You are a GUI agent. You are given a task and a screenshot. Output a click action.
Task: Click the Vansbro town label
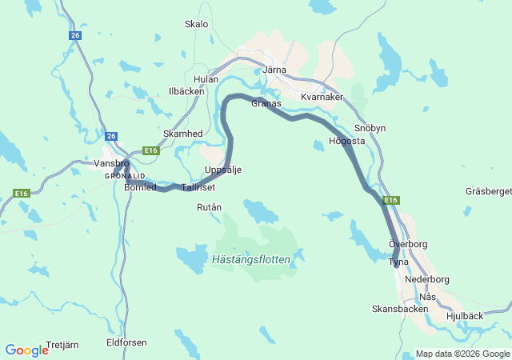click(111, 163)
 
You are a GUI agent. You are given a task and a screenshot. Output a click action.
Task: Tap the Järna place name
click(274, 70)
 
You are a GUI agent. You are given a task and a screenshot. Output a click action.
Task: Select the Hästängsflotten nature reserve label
click(258, 259)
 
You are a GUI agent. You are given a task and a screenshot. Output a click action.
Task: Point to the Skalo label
click(196, 24)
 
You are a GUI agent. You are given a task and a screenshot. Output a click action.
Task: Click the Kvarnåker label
click(322, 97)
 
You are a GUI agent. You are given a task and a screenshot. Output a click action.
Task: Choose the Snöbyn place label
click(370, 127)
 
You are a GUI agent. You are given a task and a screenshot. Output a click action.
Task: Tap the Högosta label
click(347, 142)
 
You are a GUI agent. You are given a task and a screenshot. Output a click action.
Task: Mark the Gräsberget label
click(488, 191)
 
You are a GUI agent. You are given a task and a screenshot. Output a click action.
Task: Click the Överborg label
click(408, 243)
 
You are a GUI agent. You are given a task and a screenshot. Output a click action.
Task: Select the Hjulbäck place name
click(464, 316)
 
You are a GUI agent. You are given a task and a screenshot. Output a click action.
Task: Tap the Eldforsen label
click(126, 342)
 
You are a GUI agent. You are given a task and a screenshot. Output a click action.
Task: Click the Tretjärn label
click(62, 345)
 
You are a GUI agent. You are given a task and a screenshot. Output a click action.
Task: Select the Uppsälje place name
click(223, 170)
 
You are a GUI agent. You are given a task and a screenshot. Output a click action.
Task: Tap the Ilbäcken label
click(186, 91)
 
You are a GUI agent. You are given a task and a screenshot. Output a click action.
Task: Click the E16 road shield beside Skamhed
click(151, 150)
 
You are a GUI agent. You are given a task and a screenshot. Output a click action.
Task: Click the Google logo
click(26, 350)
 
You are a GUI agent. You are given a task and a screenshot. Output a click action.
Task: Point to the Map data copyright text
click(462, 354)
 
